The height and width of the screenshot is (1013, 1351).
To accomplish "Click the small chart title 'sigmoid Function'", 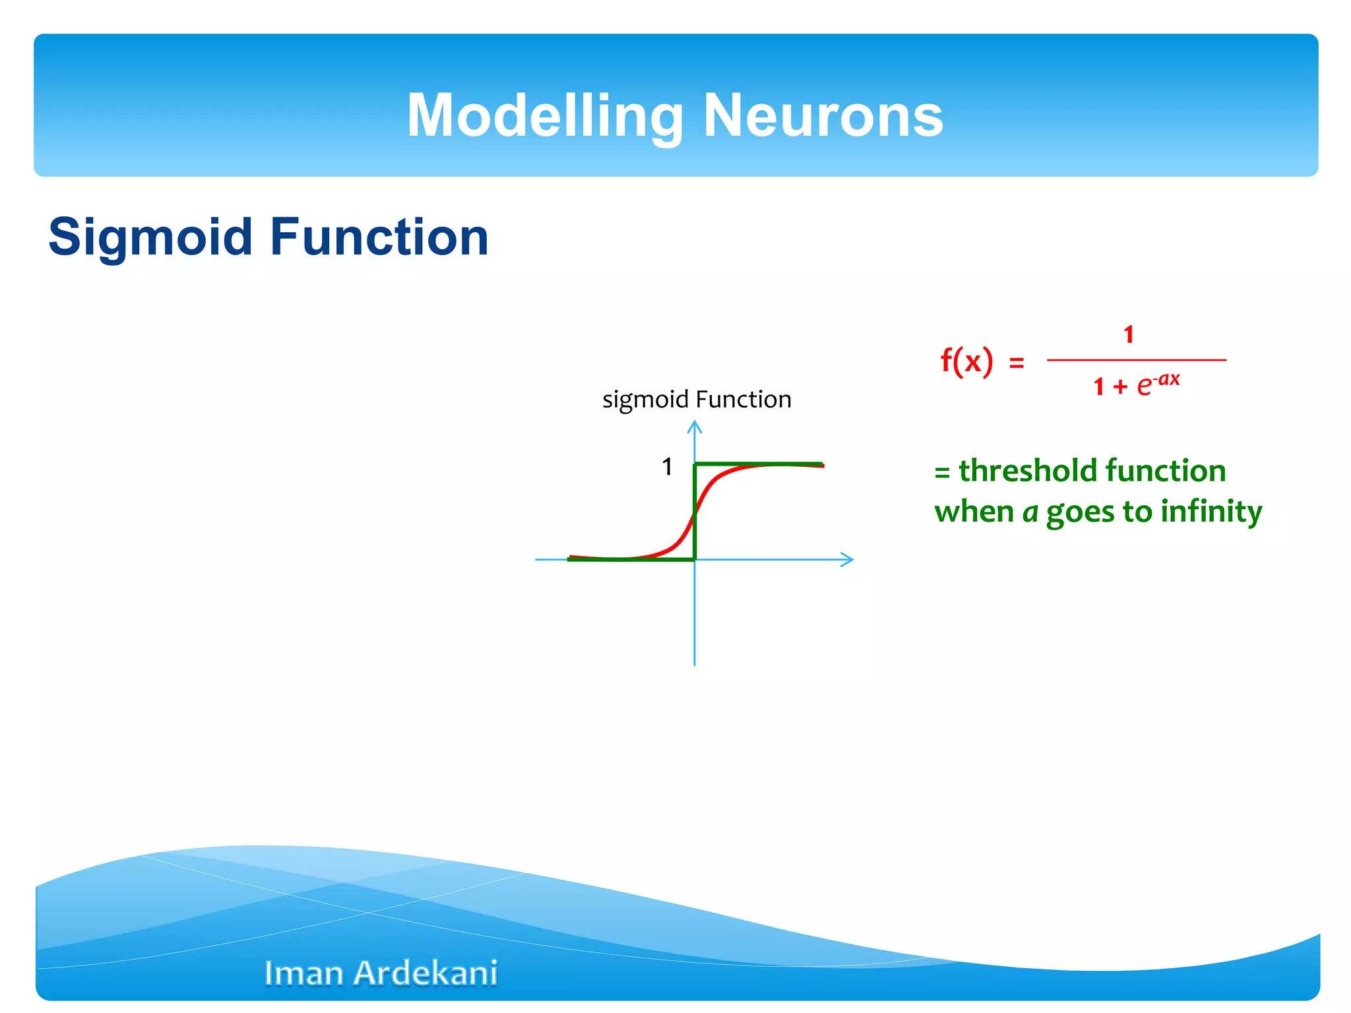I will click(x=697, y=400).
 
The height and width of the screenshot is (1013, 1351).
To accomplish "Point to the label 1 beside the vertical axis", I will click(x=667, y=467).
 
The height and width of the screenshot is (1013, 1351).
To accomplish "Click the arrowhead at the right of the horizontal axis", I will click(x=849, y=560).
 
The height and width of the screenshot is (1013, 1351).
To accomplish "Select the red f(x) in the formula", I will click(x=966, y=361).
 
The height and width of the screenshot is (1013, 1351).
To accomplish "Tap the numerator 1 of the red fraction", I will click(x=1129, y=335).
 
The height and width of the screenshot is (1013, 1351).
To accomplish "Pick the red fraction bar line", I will click(x=1136, y=360).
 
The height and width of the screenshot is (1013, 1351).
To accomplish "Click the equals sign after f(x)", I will click(x=1017, y=363).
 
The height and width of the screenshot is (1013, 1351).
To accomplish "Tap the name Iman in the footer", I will click(x=304, y=973).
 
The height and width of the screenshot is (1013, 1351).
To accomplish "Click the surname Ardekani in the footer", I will click(x=425, y=973).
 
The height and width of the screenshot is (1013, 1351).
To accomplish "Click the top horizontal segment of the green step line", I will click(x=759, y=464).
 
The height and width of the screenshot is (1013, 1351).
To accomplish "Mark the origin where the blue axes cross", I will click(x=695, y=560).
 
